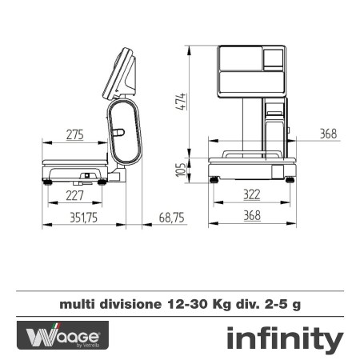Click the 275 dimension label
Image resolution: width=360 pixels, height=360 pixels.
pyautogui.click(x=74, y=135)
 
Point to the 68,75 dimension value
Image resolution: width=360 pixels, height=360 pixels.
pyautogui.click(x=171, y=217)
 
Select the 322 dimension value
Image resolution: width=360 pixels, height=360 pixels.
pyautogui.click(x=252, y=194)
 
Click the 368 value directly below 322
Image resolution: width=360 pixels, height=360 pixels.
pyautogui.click(x=252, y=217)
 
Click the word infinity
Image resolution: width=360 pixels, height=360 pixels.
pyautogui.click(x=284, y=338)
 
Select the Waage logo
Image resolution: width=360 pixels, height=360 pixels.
pyautogui.click(x=62, y=335)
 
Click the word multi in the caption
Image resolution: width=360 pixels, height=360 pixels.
pyautogui.click(x=74, y=304)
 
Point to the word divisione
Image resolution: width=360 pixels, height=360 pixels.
pyautogui.click(x=128, y=304)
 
